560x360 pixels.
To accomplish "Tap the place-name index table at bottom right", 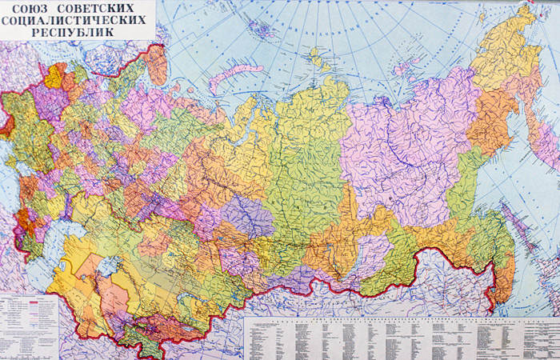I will (x=400, y=336).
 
